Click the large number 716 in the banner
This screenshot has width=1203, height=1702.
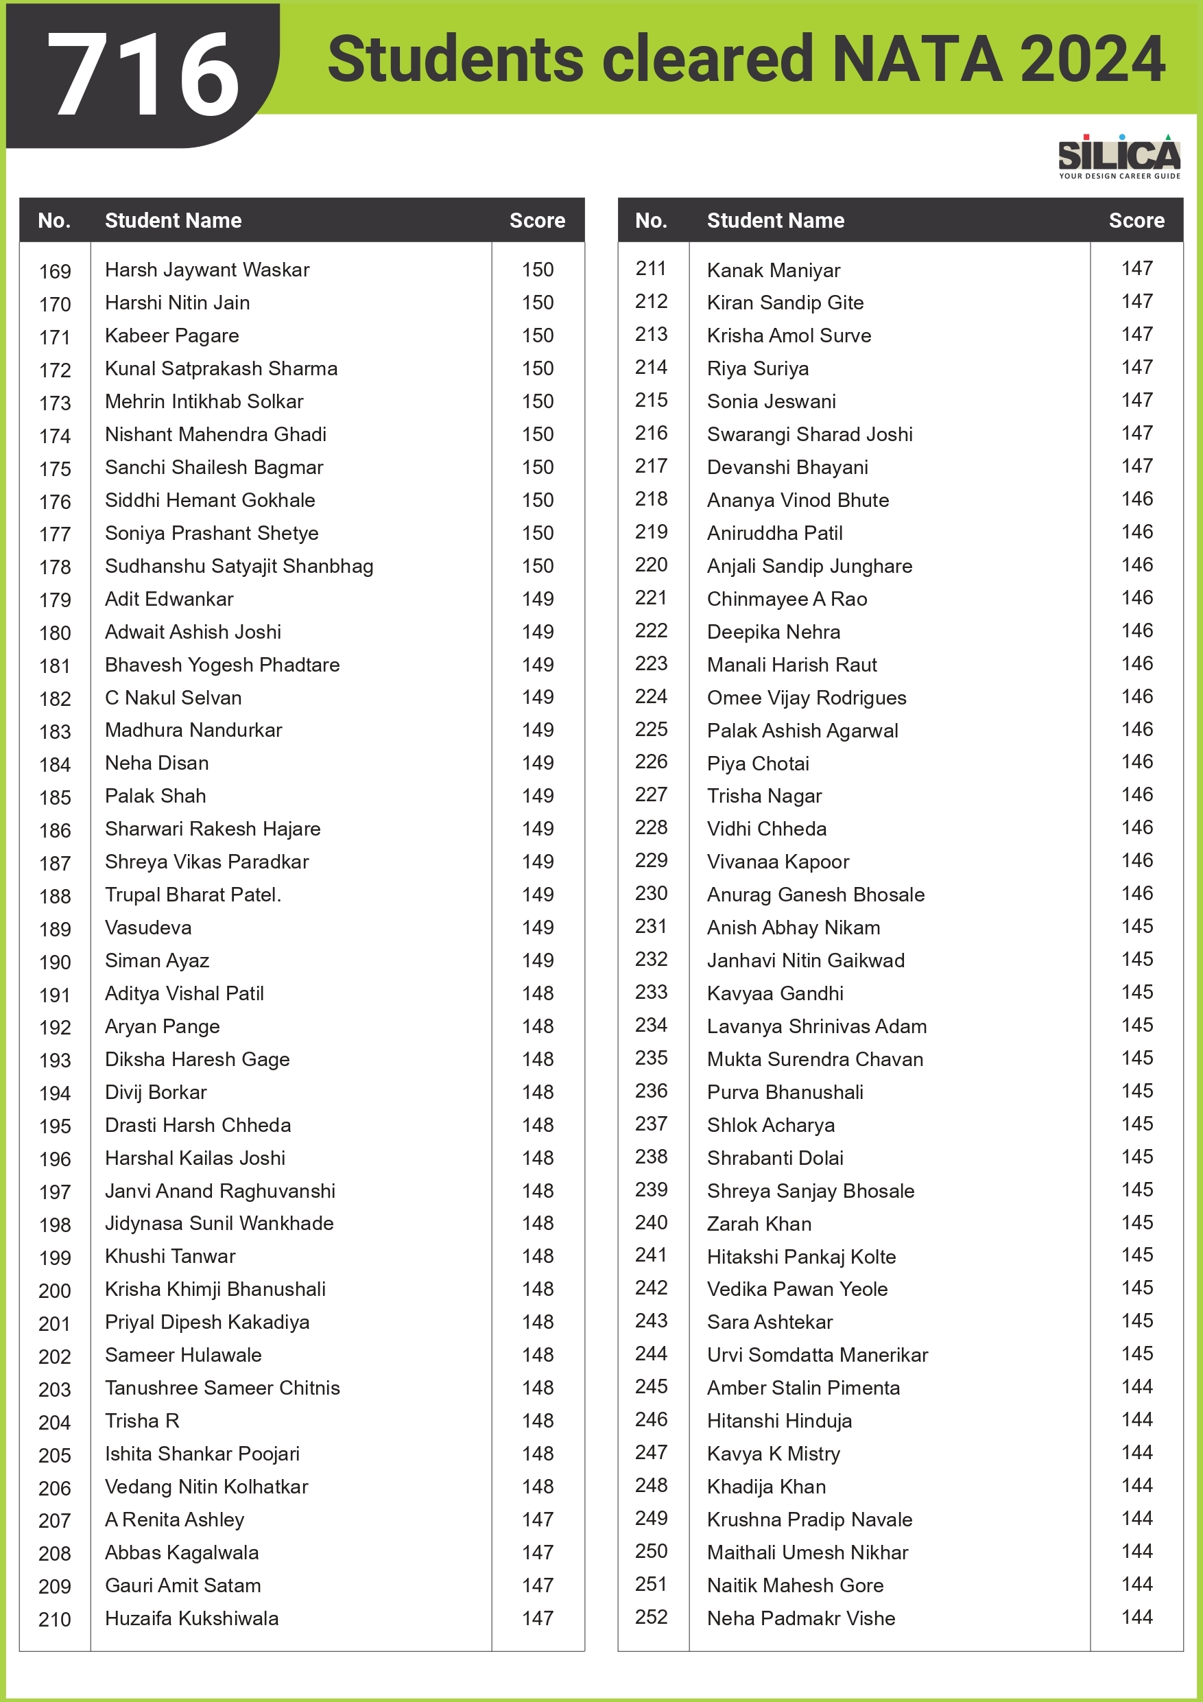coord(143,75)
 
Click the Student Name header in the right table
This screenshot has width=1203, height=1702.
coord(775,220)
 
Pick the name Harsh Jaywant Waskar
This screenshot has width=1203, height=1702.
coord(207,270)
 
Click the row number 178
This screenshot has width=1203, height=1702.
coord(55,567)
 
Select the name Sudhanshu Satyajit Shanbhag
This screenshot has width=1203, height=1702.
coord(239,567)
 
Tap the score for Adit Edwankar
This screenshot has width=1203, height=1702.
coord(538,599)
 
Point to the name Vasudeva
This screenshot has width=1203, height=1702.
coord(148,927)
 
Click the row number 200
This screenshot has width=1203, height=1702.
coord(55,1290)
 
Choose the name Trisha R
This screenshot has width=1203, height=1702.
coord(142,1420)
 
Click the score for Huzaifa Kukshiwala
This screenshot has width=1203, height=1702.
coord(538,1618)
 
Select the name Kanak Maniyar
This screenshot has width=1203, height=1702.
coord(773,270)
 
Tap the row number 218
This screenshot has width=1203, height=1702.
coord(651,499)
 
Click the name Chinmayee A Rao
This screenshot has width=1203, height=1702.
coord(787,599)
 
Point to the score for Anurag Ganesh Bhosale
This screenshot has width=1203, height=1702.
coord(1137,893)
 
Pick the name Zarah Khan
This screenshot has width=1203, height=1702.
coord(759,1224)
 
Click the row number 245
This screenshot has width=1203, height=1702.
coord(651,1386)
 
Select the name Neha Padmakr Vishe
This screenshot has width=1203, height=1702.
coord(800,1618)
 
